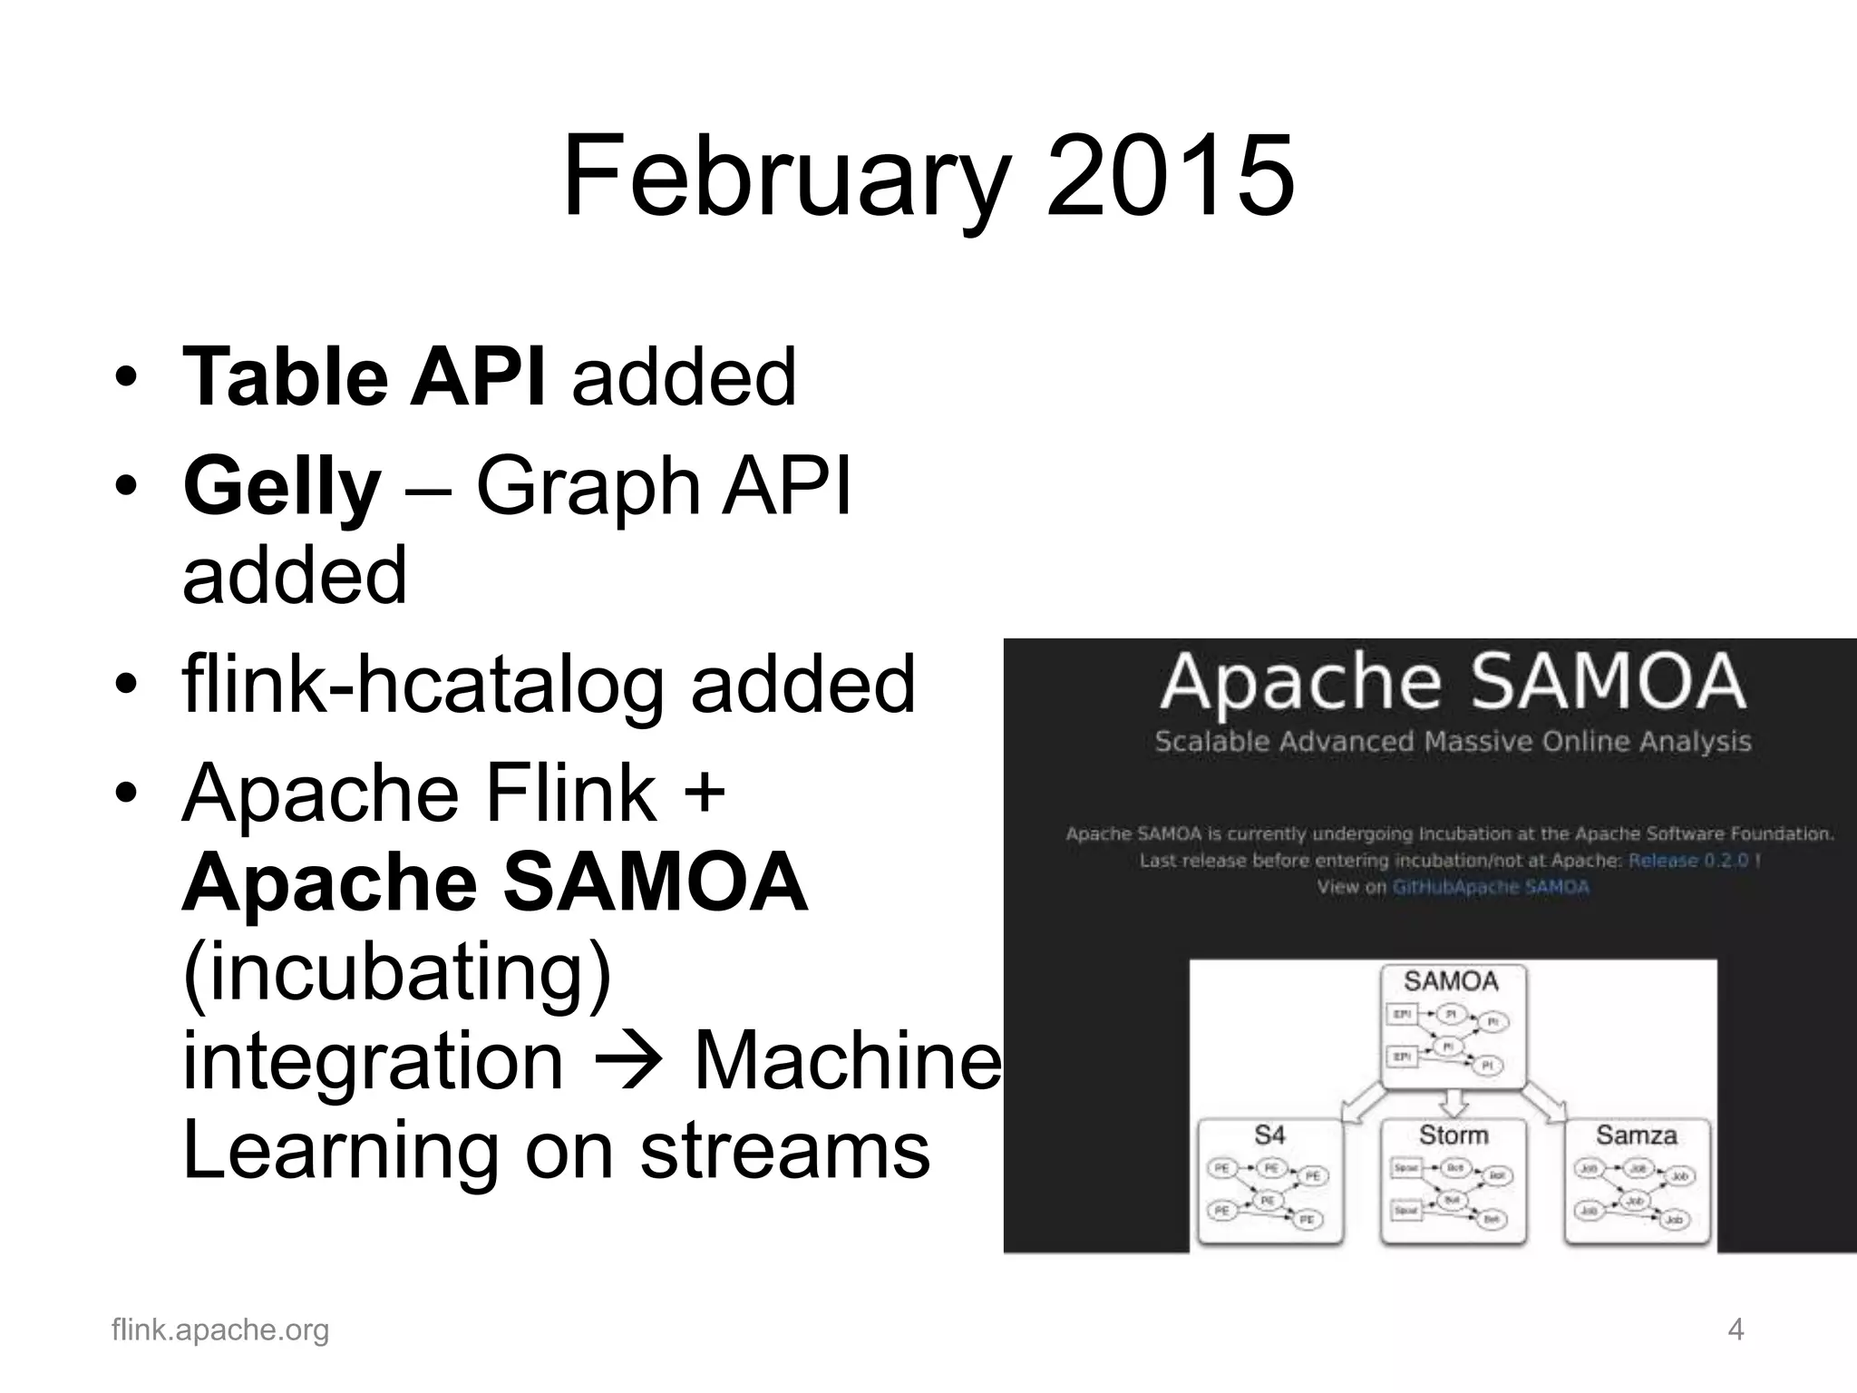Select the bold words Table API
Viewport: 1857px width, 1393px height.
[x=364, y=377]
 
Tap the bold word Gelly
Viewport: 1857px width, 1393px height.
[x=282, y=487]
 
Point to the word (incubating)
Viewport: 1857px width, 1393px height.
[x=397, y=971]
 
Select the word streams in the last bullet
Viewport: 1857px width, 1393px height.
[x=785, y=1150]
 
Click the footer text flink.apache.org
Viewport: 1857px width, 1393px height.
[x=220, y=1330]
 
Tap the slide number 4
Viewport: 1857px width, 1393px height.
[x=1735, y=1330]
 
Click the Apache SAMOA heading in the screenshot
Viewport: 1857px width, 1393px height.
[x=1453, y=682]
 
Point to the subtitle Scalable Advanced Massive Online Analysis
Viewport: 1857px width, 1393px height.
[x=1453, y=742]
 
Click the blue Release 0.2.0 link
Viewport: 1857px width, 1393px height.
[x=1688, y=861]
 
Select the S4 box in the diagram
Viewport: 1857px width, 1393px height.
[x=1269, y=1181]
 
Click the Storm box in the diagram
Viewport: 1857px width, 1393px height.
[x=1454, y=1181]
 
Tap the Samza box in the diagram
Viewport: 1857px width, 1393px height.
[x=1637, y=1181]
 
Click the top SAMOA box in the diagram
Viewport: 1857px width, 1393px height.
[x=1453, y=1025]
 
